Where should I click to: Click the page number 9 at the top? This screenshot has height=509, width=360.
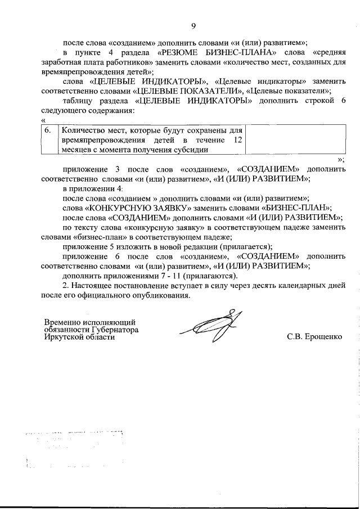(193, 26)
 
